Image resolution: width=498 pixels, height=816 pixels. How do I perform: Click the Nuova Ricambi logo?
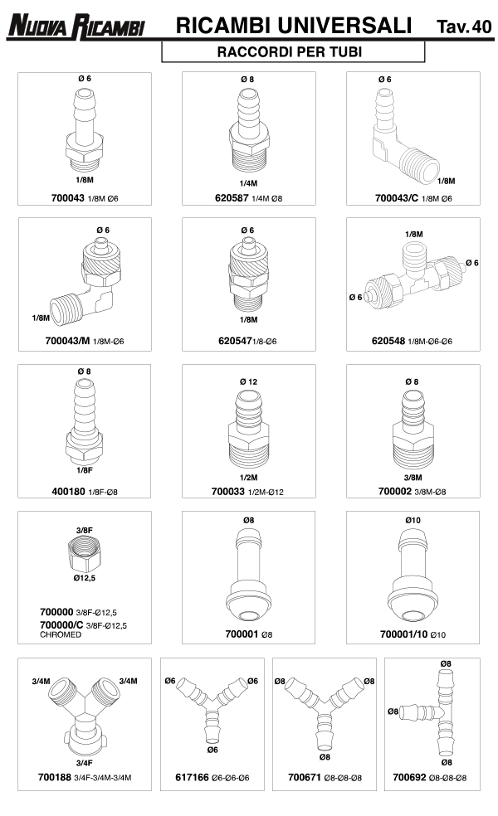[76, 26]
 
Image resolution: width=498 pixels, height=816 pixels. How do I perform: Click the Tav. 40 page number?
[464, 27]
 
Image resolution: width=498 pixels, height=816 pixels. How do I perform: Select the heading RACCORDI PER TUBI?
[290, 52]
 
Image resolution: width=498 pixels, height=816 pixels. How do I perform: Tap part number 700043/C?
[397, 198]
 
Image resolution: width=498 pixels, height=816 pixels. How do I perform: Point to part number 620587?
[232, 198]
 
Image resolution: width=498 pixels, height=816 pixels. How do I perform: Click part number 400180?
[68, 492]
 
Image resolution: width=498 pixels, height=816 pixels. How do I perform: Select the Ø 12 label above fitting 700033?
[248, 381]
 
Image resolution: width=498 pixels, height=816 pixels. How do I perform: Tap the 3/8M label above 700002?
[413, 477]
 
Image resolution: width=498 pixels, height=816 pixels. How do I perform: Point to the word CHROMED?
[61, 635]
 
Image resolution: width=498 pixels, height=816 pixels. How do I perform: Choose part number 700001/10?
[403, 634]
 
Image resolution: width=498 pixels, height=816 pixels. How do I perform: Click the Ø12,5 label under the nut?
[85, 578]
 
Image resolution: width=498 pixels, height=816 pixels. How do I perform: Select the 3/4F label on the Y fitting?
[85, 763]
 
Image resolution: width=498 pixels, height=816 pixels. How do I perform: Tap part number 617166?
[192, 778]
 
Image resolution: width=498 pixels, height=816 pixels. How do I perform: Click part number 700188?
[54, 778]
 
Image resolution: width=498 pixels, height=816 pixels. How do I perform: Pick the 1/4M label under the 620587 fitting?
[248, 183]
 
